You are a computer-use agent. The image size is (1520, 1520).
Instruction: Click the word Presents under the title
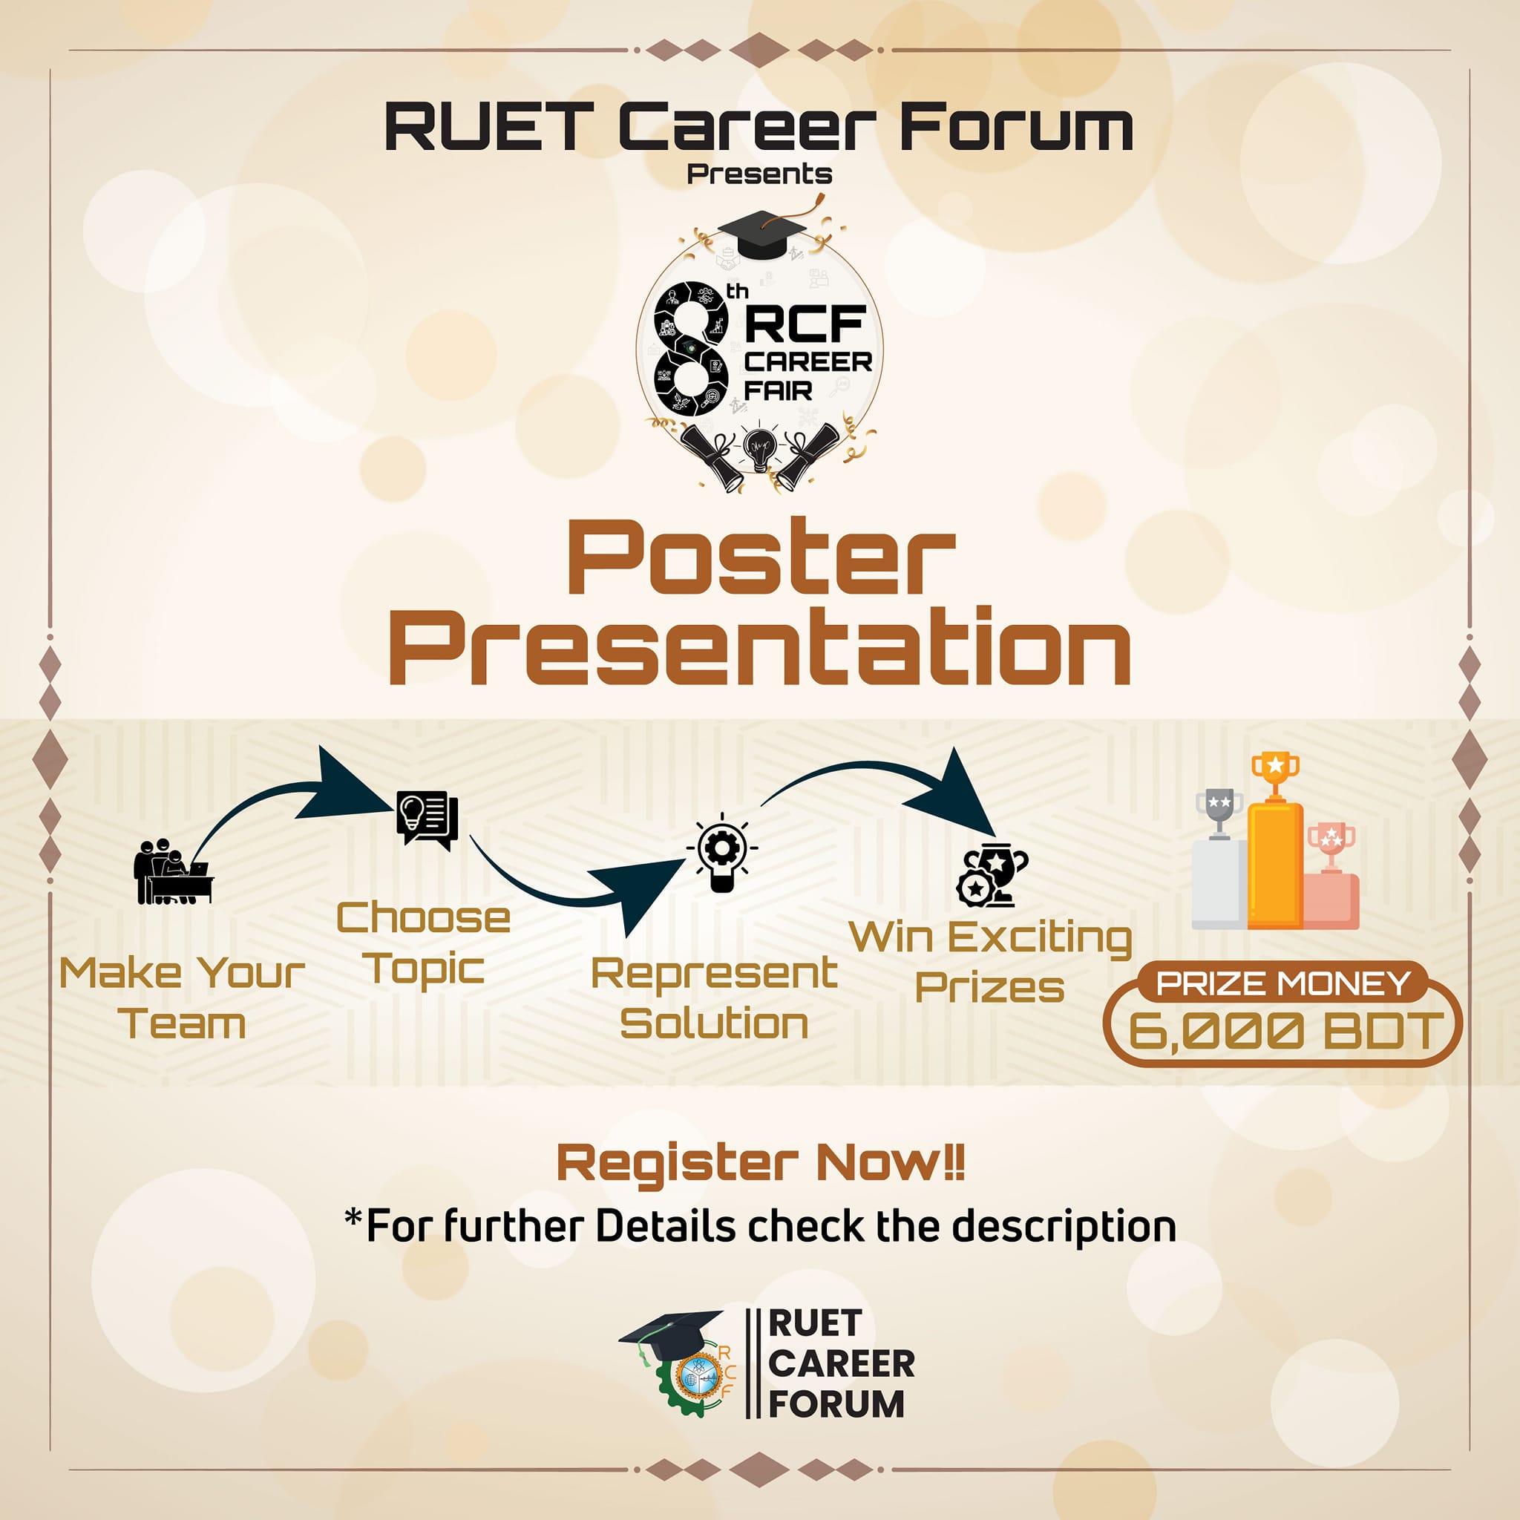(x=759, y=174)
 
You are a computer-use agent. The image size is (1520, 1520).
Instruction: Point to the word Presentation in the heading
(x=760, y=648)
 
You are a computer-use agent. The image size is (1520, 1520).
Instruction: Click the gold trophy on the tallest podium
(x=1275, y=775)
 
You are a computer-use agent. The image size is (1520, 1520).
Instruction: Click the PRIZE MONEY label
(x=1282, y=984)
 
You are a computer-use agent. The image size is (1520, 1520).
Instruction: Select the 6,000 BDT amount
(x=1286, y=1031)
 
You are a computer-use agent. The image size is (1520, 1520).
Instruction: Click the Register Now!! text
(x=761, y=1163)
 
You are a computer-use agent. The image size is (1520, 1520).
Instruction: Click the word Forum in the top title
(x=1016, y=128)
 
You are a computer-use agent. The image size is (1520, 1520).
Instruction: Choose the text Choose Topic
(x=423, y=943)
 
